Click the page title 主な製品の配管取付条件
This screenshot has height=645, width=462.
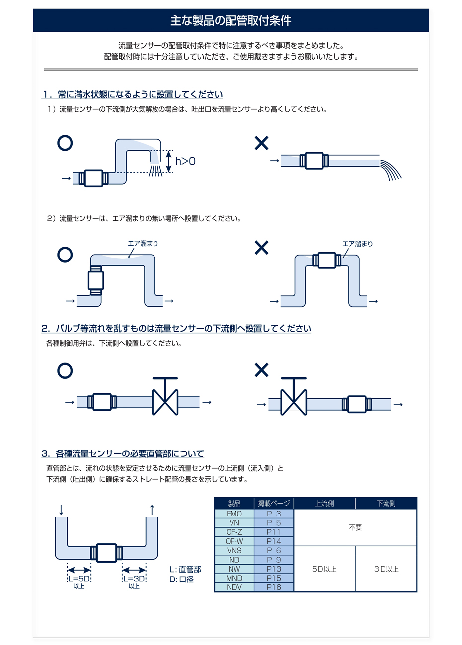(231, 21)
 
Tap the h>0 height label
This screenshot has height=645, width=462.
(185, 161)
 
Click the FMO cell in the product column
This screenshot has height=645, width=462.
(234, 514)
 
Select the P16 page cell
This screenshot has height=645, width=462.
(274, 587)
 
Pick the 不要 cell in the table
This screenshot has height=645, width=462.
(355, 528)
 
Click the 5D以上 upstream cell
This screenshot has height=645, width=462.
(324, 569)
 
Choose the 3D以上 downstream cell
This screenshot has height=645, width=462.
(386, 569)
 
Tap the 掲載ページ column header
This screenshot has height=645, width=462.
(274, 504)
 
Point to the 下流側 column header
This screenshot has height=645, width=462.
(386, 504)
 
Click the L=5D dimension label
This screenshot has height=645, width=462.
(79, 579)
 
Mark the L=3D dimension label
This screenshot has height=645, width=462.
(134, 579)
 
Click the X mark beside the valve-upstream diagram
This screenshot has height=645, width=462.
(261, 370)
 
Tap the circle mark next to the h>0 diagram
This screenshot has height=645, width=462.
(65, 143)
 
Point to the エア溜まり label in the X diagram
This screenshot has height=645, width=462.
(357, 244)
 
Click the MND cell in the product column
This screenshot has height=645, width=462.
(234, 579)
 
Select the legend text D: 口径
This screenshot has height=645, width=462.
(182, 580)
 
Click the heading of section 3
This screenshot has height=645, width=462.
(123, 453)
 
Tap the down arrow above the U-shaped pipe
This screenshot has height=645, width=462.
(61, 510)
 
